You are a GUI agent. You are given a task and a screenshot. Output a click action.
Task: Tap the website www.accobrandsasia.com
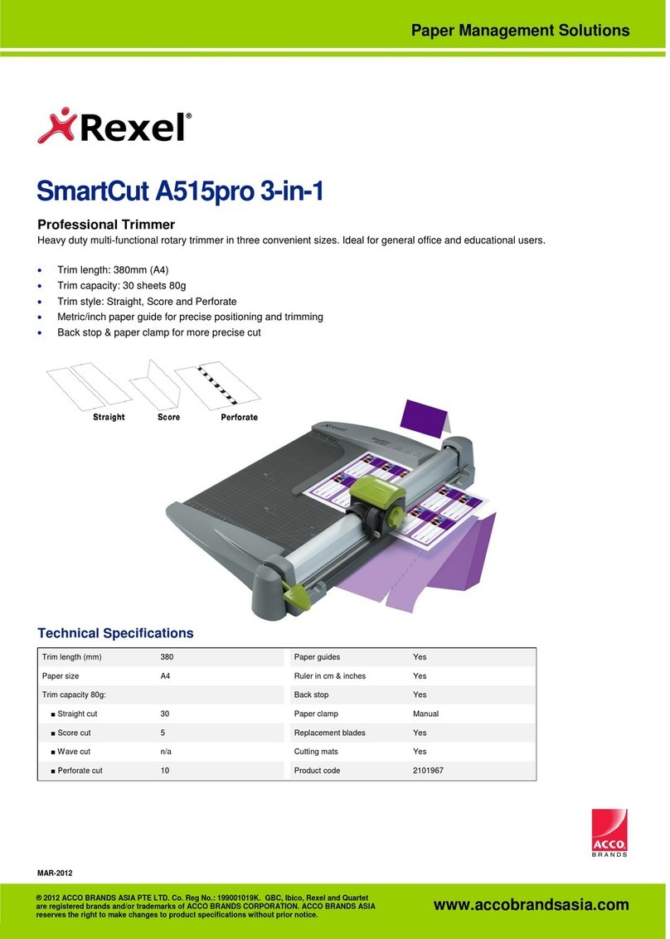[531, 905]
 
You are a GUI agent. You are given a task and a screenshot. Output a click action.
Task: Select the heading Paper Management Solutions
[520, 31]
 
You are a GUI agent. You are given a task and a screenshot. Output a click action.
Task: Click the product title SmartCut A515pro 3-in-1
[179, 192]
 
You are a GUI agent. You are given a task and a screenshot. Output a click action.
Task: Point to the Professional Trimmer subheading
[106, 225]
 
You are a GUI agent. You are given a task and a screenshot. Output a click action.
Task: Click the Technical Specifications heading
[115, 633]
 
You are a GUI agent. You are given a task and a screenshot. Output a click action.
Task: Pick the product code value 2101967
[429, 771]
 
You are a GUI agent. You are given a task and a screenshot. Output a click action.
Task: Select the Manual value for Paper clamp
[426, 714]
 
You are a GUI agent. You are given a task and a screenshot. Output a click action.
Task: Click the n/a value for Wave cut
[166, 752]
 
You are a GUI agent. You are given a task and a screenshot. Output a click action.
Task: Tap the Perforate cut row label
[80, 771]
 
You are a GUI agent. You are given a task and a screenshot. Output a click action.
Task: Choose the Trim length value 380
[167, 656]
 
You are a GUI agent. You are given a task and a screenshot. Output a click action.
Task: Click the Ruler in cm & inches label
[329, 675]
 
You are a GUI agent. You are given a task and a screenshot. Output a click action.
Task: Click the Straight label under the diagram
[109, 417]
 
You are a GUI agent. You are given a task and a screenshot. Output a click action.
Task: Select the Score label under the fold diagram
[168, 417]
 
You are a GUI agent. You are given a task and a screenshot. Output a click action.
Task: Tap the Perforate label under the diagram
[239, 417]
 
